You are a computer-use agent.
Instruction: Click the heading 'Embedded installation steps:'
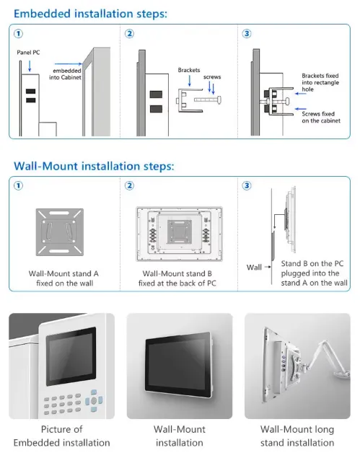coord(90,13)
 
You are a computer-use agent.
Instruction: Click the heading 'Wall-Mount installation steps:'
coord(94,166)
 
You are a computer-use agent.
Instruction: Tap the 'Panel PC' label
coord(29,53)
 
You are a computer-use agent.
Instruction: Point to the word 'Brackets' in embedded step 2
coord(190,70)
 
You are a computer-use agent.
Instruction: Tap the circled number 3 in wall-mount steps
coord(247,185)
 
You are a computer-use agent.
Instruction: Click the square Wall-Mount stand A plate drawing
coord(61,232)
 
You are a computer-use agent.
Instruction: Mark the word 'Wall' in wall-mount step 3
coord(254,268)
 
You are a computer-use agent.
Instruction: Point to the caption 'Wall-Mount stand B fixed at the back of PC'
coord(179,278)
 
